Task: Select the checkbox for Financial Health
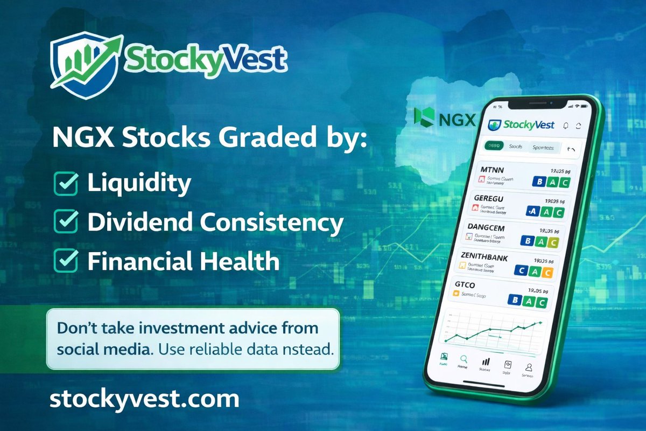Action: [67, 262]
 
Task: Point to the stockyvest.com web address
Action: [144, 399]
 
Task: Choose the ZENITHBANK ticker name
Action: [491, 258]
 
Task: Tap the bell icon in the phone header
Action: [565, 126]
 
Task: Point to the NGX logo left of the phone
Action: [445, 118]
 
